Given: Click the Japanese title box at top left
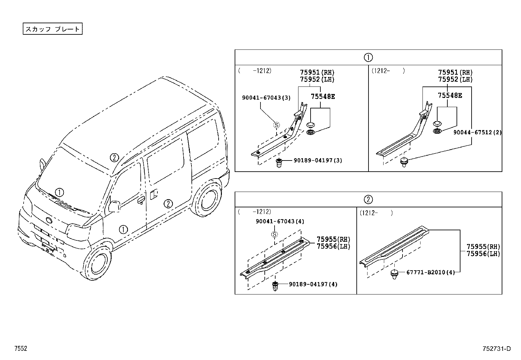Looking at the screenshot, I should coord(52,29).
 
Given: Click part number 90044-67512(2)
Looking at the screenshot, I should coord(477,132).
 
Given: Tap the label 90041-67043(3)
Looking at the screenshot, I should coord(266,98).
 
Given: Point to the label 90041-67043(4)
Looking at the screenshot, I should coord(280,221).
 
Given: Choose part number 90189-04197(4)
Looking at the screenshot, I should coord(313,284).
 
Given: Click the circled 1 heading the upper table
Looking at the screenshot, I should coord(368,58).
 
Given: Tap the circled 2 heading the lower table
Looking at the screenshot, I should coord(368,199).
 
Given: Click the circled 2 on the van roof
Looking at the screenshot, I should coord(114,158).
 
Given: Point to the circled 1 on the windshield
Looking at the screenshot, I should coord(59,192).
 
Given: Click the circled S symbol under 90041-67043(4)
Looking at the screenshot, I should coord(274,234).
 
